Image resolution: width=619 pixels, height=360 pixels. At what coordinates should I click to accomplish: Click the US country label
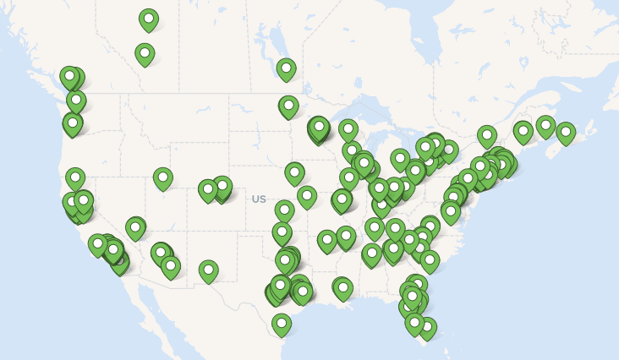pyautogui.click(x=259, y=199)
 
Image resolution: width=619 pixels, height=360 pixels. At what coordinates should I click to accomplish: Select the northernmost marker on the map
pyautogui.click(x=149, y=19)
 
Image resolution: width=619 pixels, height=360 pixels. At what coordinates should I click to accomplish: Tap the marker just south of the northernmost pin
pyautogui.click(x=145, y=54)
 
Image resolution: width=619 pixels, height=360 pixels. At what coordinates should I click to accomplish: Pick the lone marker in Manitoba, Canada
pyautogui.click(x=286, y=68)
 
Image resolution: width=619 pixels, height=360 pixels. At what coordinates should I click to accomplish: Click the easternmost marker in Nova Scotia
pyautogui.click(x=566, y=132)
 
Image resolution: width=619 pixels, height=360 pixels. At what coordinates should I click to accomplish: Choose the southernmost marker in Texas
pyautogui.click(x=282, y=323)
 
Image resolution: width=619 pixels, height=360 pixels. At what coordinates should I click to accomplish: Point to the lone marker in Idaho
pyautogui.click(x=163, y=177)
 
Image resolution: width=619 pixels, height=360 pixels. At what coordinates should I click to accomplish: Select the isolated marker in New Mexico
pyautogui.click(x=208, y=270)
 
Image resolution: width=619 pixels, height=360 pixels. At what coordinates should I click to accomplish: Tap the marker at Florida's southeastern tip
pyautogui.click(x=427, y=327)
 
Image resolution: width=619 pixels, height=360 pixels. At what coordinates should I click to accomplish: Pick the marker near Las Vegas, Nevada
pyautogui.click(x=135, y=227)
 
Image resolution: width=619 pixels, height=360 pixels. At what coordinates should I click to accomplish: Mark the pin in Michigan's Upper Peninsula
pyautogui.click(x=348, y=129)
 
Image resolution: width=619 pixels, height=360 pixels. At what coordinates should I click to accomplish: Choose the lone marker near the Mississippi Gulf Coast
pyautogui.click(x=342, y=287)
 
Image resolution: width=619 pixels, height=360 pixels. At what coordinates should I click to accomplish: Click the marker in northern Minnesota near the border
pyautogui.click(x=288, y=106)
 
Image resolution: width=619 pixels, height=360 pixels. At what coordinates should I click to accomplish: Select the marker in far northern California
pyautogui.click(x=75, y=177)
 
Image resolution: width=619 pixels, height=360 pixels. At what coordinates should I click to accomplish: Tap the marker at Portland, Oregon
pyautogui.click(x=73, y=123)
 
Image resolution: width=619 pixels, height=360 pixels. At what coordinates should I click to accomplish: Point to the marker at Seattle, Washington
pyautogui.click(x=76, y=101)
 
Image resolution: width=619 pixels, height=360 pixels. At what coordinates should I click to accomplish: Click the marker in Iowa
pyautogui.click(x=294, y=172)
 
